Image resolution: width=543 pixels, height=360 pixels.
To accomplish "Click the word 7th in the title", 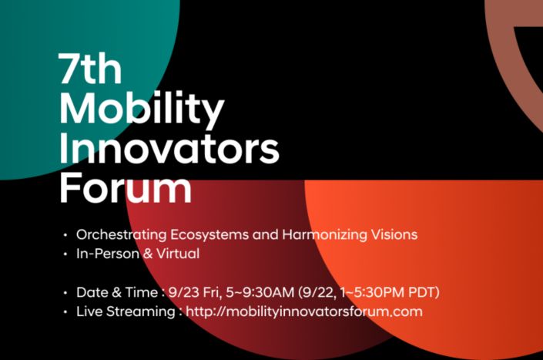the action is click(x=90, y=69).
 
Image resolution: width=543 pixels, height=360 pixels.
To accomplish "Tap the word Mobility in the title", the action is click(x=142, y=108).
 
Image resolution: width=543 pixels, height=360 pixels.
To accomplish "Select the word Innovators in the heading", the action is click(x=169, y=148).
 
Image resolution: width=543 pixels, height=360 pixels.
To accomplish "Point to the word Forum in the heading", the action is click(x=126, y=187).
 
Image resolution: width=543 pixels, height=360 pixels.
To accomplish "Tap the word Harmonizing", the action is click(x=325, y=234).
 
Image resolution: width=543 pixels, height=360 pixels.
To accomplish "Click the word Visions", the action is click(x=394, y=234).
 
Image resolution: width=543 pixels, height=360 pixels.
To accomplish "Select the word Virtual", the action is click(x=178, y=254).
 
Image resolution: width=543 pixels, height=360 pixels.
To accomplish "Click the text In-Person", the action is click(x=108, y=254).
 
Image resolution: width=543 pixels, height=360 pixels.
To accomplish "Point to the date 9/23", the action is click(x=184, y=292).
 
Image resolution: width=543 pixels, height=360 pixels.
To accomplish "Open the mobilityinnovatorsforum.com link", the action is click(x=304, y=311).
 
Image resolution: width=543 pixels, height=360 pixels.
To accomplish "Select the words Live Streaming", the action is click(x=126, y=311).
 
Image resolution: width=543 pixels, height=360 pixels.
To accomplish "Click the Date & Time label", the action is click(x=117, y=292).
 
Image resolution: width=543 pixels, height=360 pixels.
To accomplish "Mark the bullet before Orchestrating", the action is click(x=65, y=235).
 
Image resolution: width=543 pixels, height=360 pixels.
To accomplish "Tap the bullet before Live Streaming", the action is click(x=65, y=312).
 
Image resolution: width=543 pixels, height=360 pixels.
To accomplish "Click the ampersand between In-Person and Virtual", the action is click(x=148, y=254).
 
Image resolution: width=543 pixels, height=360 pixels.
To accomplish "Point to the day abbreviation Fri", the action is click(x=212, y=292).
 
